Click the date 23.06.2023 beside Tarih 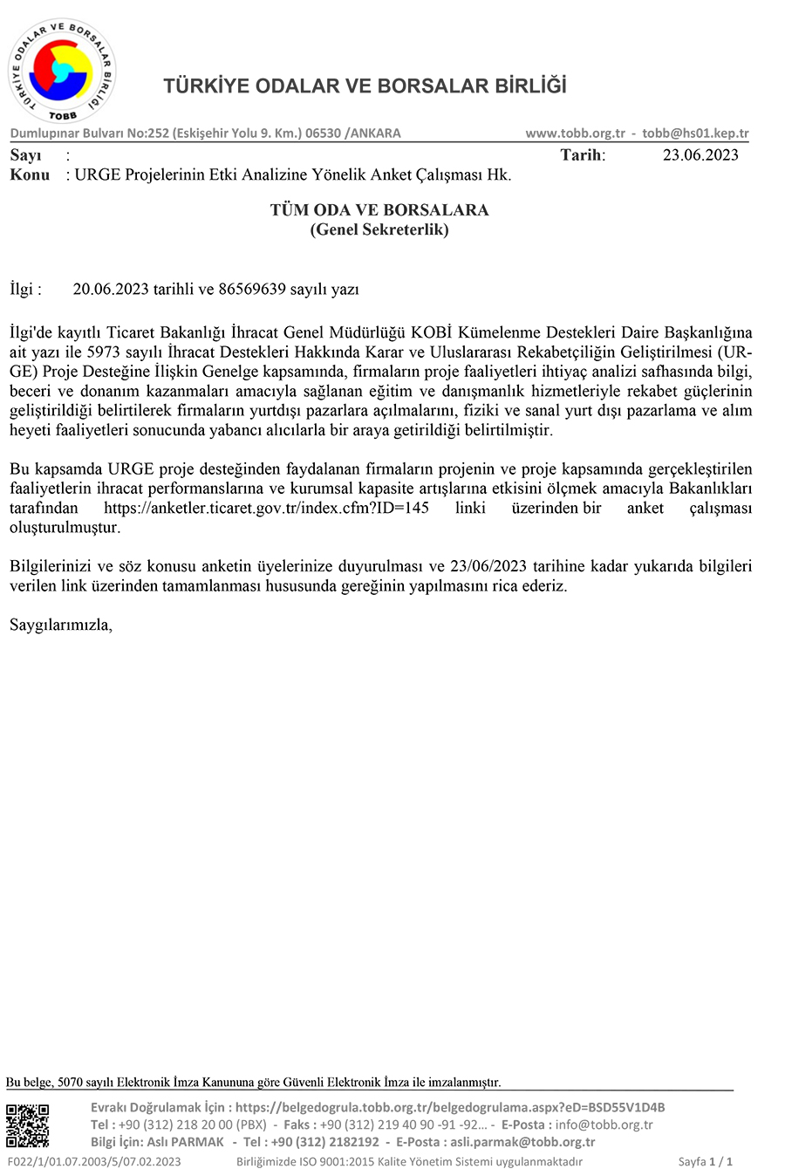700,155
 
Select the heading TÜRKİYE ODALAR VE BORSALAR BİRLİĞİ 365,86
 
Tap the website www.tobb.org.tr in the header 575,133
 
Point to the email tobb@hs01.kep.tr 695,133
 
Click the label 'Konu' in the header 30,174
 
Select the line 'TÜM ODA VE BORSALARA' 379,210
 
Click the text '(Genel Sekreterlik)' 379,229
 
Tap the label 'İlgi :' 25,289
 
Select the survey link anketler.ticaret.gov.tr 266,508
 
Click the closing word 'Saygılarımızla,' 61,625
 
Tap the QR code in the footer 28,1125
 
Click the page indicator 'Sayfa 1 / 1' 705,1161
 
